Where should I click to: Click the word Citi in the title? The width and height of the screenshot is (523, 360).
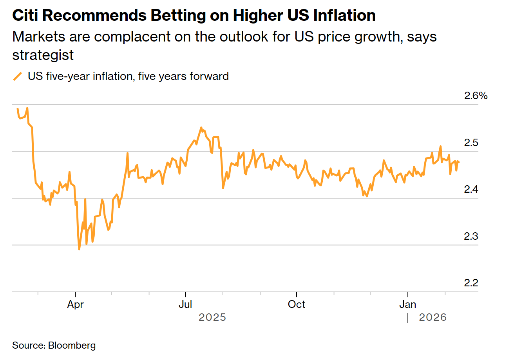click(x=25, y=16)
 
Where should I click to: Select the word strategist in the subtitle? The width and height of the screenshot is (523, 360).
click(x=43, y=55)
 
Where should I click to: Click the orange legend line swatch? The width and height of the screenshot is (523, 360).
click(x=18, y=76)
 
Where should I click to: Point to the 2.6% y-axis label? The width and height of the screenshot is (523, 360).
click(x=476, y=96)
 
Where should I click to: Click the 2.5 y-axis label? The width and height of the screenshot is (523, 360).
click(x=471, y=143)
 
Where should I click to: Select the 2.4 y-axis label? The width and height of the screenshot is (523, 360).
click(x=471, y=190)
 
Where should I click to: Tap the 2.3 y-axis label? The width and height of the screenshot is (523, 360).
click(x=471, y=236)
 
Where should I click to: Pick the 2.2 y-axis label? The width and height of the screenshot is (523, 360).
click(x=471, y=283)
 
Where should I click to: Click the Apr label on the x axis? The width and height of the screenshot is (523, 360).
click(x=75, y=304)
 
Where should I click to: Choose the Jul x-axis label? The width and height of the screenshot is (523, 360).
click(x=185, y=304)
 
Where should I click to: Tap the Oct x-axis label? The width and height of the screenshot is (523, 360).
click(x=297, y=304)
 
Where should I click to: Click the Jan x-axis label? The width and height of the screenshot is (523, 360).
click(x=408, y=304)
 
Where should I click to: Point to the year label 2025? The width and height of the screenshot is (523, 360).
click(x=212, y=317)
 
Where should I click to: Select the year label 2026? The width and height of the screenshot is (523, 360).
click(x=433, y=317)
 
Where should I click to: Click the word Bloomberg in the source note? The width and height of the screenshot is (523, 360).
click(x=72, y=346)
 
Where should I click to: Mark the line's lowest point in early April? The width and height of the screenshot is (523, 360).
click(x=79, y=249)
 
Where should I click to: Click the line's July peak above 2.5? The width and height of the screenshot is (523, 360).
click(x=201, y=128)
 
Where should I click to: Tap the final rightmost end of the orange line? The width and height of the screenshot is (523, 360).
click(x=459, y=162)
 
